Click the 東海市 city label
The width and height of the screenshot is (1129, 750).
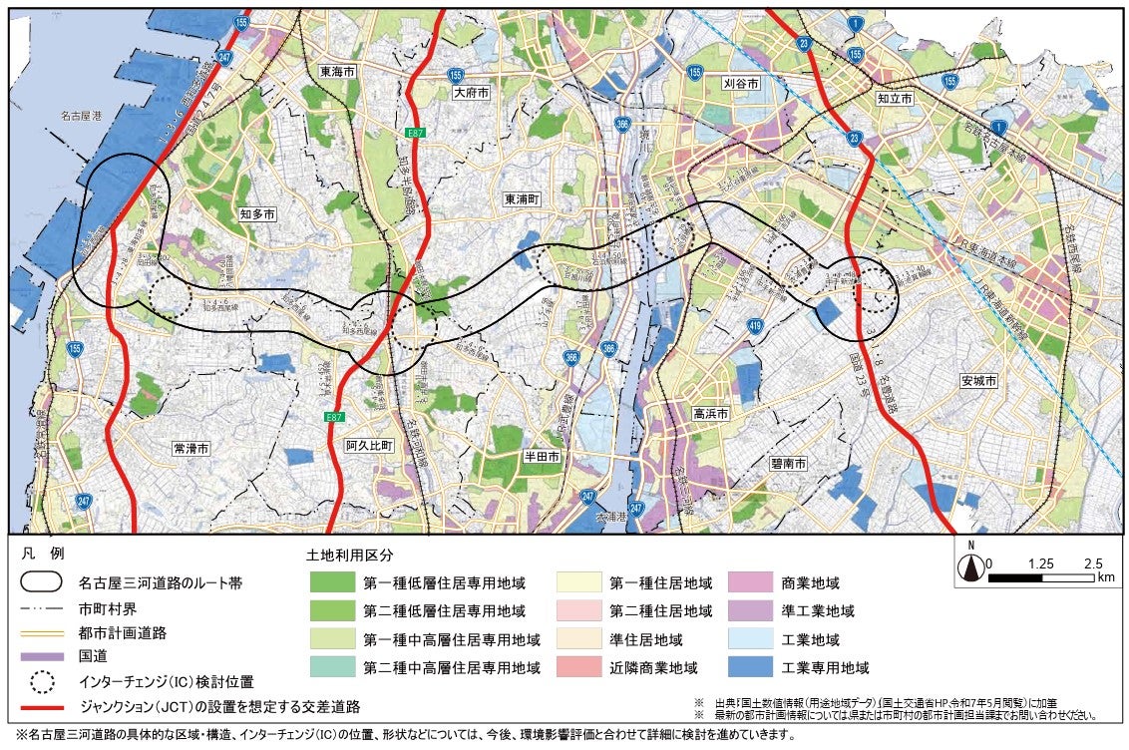tap(339, 72)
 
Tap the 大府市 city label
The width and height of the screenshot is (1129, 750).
tap(472, 92)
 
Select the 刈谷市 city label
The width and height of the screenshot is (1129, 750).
tap(741, 85)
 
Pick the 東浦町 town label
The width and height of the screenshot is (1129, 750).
tap(522, 198)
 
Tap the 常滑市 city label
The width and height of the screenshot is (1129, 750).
tap(190, 449)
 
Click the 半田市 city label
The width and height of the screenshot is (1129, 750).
tap(544, 455)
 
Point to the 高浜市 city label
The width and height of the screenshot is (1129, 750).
tap(711, 413)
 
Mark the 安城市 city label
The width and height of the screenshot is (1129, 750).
tap(979, 381)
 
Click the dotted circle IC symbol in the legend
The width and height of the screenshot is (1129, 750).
tap(43, 682)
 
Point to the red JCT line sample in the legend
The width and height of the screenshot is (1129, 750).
tap(43, 707)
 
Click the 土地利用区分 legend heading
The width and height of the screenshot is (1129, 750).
tap(348, 554)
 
